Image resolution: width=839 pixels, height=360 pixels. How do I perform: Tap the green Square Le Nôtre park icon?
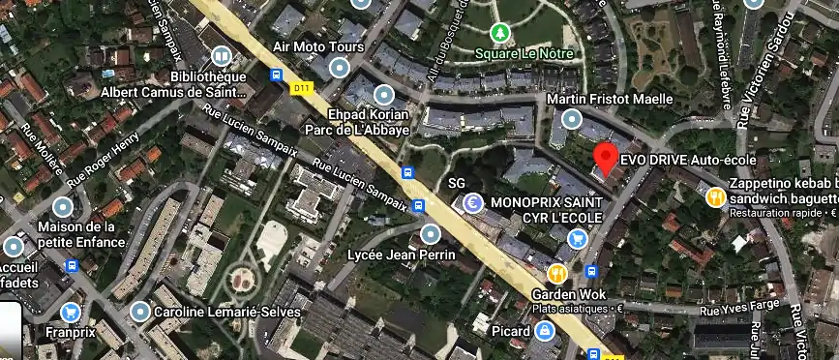[498, 34]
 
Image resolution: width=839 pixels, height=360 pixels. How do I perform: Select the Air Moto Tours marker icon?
[339, 67]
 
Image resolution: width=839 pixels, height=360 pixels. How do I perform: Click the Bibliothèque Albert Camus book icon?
[223, 56]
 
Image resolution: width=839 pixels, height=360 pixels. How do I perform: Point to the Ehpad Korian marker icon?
[383, 95]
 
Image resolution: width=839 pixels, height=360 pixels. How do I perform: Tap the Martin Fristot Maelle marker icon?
[571, 120]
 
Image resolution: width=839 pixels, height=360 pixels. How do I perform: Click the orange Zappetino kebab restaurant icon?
[715, 197]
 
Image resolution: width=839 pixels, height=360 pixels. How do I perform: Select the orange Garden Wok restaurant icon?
[557, 273]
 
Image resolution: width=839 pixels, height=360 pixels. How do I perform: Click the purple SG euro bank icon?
[472, 203]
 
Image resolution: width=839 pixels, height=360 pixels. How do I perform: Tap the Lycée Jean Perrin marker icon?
[431, 233]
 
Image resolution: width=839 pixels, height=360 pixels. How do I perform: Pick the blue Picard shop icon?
[546, 331]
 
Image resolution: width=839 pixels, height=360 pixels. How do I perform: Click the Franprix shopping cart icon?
[70, 312]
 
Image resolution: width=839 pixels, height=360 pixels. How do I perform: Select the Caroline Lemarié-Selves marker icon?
[141, 312]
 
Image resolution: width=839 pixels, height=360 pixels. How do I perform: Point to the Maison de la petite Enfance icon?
[63, 206]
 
